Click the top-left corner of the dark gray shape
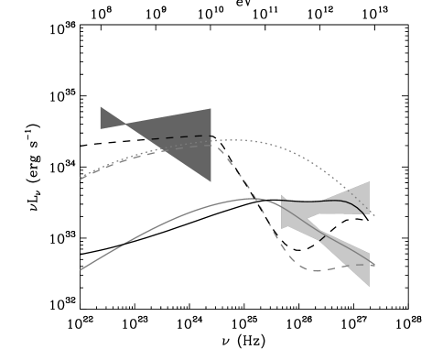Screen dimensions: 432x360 [101, 107]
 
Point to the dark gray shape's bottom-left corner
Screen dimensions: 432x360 [101, 128]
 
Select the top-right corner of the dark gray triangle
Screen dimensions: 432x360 [211, 109]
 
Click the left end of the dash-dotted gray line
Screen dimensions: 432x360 [81, 179]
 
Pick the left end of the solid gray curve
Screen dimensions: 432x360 [81, 269]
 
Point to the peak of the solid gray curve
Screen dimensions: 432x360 [252, 198]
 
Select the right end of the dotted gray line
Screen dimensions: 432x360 [375, 215]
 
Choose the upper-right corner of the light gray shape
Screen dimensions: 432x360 [369, 181]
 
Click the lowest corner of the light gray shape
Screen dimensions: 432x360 [370, 287]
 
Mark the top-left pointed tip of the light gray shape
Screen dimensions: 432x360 [281, 196]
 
